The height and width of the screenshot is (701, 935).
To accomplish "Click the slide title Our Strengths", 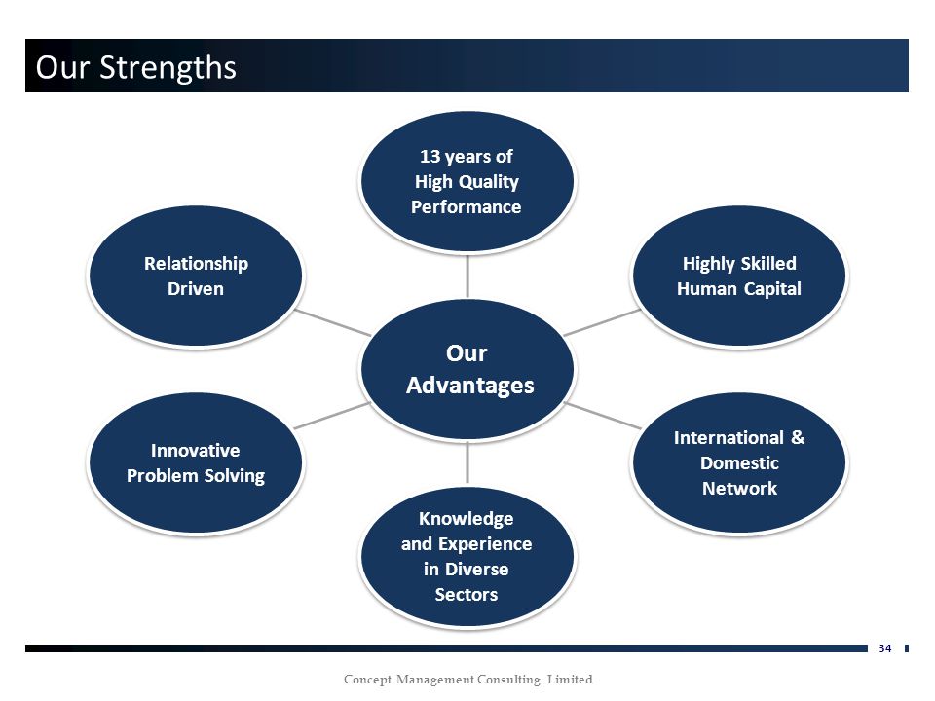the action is coord(136,67).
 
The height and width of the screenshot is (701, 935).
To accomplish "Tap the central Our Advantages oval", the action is coord(467,369).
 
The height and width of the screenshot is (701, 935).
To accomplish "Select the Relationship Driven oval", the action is coord(196,276).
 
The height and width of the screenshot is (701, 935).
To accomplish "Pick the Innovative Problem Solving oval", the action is coord(196,462).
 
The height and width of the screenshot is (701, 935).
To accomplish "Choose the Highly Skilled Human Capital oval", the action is coord(739,276).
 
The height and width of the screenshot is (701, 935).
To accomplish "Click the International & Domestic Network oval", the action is coord(739,462).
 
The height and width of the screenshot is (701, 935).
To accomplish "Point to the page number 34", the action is coord(885,648).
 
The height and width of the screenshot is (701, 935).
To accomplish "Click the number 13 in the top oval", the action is coord(430,156).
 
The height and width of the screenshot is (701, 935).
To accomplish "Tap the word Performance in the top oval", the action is coord(467,206).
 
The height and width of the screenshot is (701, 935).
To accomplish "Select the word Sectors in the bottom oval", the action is coord(467,594).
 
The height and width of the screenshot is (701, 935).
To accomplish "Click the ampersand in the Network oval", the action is coord(798,437).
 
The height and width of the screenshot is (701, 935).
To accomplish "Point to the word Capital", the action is coord(771,289).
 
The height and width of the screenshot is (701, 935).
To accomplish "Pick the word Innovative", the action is coord(196,450).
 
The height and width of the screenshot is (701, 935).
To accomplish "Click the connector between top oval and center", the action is coord(467,276).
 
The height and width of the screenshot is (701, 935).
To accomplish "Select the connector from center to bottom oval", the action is coord(467,462).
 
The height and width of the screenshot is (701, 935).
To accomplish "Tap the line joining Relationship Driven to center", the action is coord(333,322).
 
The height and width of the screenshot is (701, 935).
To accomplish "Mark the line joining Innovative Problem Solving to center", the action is coord(333,416).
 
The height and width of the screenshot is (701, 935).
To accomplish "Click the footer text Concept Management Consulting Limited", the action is coord(468,680).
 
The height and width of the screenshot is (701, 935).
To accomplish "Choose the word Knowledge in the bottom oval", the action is coord(467,519).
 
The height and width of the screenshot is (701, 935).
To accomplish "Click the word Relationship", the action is coord(196,264).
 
